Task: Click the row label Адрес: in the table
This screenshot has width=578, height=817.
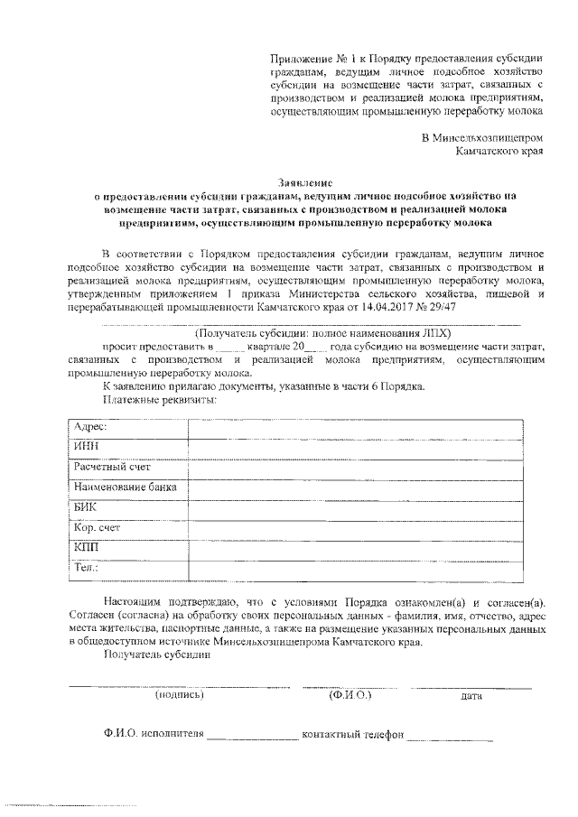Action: [90, 426]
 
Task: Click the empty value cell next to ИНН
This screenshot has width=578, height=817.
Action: [357, 447]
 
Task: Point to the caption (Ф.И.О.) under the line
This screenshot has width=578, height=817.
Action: [350, 695]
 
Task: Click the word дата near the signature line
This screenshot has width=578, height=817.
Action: [471, 696]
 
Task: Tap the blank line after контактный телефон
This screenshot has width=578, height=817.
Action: [450, 735]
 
